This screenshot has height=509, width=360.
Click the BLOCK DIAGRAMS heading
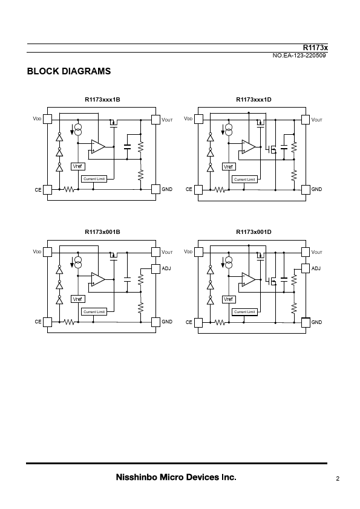tap(69, 71)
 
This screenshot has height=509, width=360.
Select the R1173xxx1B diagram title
tap(102, 99)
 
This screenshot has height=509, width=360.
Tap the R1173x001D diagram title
tap(254, 232)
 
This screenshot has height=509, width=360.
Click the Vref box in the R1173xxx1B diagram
tap(77, 166)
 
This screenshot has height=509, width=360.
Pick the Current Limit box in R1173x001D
tap(244, 312)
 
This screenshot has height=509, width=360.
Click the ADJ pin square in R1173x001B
tap(155, 268)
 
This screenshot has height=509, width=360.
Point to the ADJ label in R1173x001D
tap(316, 268)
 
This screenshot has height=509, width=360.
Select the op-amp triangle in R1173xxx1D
tap(249, 147)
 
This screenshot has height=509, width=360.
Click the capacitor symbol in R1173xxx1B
tap(127, 146)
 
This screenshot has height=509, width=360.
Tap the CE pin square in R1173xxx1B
tap(47, 190)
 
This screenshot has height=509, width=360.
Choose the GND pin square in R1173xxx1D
tap(306, 190)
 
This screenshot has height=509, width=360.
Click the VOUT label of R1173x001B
tap(167, 252)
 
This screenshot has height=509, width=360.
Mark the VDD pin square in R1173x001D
tap(198, 252)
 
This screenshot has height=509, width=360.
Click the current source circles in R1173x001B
tap(78, 262)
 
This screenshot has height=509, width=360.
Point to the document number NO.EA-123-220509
tap(299, 56)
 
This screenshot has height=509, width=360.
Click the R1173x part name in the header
tap(315, 48)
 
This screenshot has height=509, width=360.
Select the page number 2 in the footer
tap(338, 479)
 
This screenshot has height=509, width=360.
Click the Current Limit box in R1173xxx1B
tap(94, 179)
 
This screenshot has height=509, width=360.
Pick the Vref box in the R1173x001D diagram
tap(229, 299)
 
